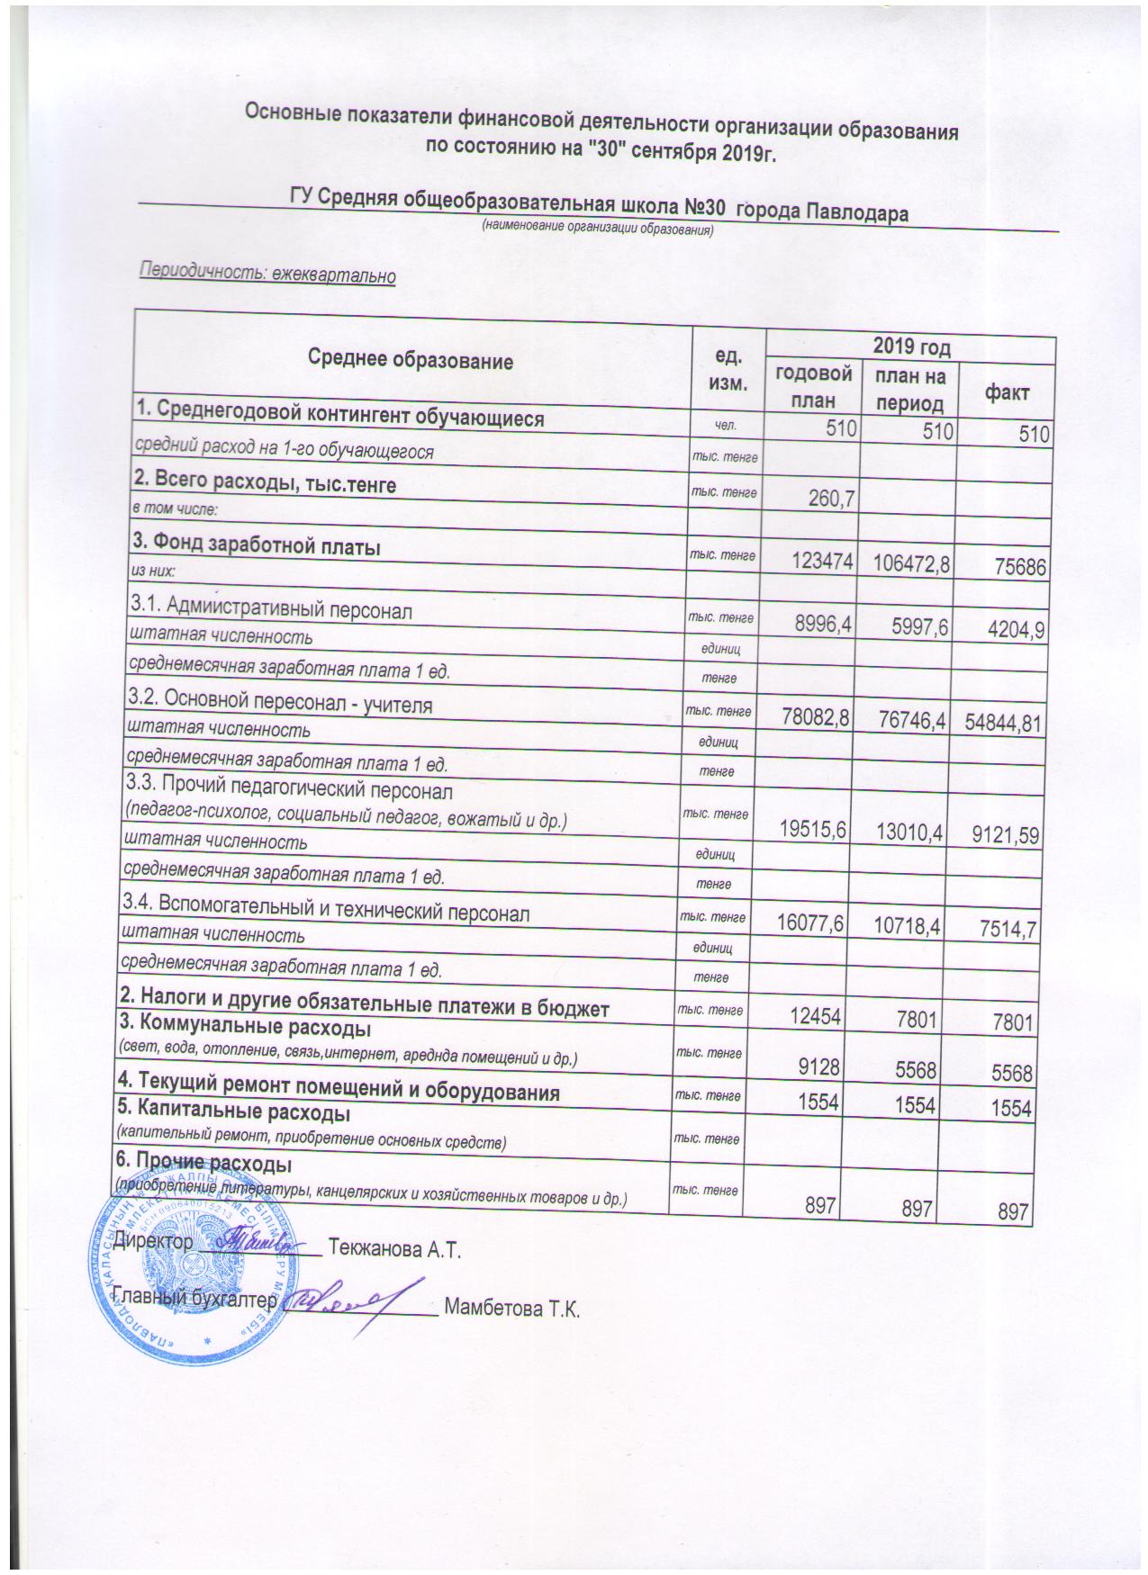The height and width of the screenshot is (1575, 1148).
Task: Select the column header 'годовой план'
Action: click(813, 385)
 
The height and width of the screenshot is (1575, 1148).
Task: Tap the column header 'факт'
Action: click(1007, 392)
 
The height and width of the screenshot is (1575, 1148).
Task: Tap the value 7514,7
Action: click(1009, 931)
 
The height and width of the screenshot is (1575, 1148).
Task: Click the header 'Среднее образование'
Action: click(411, 362)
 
